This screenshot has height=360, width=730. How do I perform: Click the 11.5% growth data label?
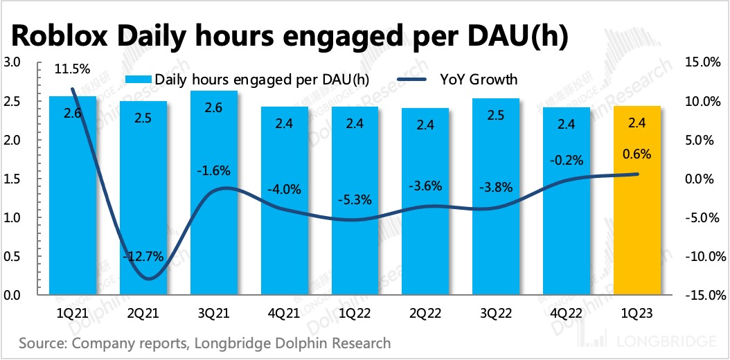tap(72, 69)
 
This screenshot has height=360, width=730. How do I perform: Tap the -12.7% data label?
tap(144, 256)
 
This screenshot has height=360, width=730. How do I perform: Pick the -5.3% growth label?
tap(355, 201)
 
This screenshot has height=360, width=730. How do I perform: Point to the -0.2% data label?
tap(567, 159)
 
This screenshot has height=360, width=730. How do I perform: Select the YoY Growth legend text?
tap(479, 80)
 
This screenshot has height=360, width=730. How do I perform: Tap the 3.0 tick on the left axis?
tap(12, 62)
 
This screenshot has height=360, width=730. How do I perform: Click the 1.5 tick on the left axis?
tap(12, 179)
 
